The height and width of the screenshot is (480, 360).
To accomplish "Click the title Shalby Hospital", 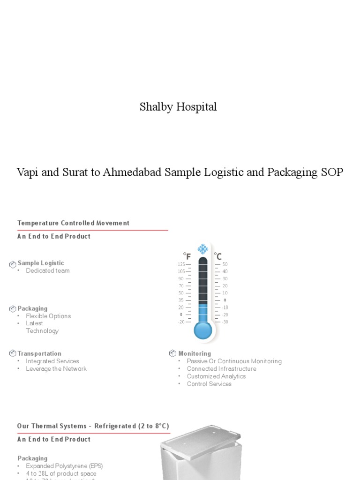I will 178,107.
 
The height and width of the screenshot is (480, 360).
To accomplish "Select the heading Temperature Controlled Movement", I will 73,223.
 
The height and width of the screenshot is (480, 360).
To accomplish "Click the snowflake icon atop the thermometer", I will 202,249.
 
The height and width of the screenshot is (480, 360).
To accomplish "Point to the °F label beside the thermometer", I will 187,256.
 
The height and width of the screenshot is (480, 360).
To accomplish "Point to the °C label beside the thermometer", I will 218,256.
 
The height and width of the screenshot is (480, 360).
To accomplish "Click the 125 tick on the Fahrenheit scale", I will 181,264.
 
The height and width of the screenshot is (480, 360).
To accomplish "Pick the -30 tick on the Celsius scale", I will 225,322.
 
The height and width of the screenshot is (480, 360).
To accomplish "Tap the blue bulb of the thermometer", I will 202,330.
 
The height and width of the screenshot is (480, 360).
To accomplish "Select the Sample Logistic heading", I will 41,263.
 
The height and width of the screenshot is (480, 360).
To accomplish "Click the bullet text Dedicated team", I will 48,270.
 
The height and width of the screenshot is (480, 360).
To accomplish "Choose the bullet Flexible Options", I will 48,316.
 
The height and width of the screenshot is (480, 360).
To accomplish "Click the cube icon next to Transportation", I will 13,353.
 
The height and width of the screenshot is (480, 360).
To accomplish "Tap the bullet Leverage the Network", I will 56,368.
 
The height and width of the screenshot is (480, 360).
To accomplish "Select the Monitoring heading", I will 195,353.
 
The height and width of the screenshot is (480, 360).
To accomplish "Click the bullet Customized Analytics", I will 216,376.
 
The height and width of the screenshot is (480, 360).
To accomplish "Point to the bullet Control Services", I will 209,383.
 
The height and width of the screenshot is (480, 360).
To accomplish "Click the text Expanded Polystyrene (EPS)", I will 64,466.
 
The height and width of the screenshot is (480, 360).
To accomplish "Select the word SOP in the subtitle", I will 332,172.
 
